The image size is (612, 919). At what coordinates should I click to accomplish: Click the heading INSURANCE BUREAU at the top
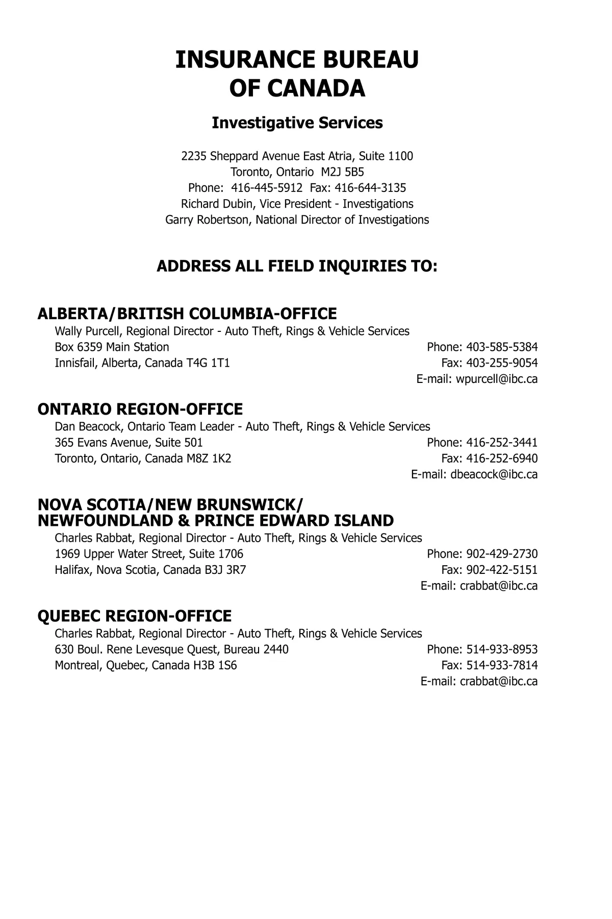point(297,60)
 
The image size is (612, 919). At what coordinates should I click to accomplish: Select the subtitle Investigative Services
point(297,123)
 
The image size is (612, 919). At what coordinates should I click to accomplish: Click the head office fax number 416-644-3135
point(370,187)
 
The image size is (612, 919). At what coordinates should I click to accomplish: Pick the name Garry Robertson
point(207,220)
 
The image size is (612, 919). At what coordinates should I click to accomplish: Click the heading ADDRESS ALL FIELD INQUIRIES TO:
point(297,267)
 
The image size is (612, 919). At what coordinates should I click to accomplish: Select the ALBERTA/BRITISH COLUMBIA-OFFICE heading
point(187,313)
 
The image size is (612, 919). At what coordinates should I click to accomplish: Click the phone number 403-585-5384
point(502,347)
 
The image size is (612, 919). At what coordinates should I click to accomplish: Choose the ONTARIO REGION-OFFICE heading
point(140,409)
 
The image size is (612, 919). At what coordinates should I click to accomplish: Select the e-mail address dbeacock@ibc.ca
point(494,474)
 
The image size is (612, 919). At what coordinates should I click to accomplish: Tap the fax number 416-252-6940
point(502,458)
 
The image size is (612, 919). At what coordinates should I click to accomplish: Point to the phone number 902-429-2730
point(502,554)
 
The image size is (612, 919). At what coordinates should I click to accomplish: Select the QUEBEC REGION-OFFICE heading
point(135,616)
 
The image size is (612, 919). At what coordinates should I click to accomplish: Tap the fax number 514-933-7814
point(502,665)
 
